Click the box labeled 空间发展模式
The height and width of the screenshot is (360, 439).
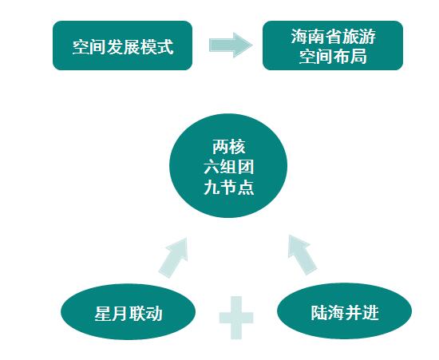pos(123,45)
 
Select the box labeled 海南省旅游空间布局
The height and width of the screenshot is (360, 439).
pos(333,45)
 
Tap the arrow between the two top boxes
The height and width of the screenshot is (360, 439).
pos(231,45)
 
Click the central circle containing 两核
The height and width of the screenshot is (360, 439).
pos(228,166)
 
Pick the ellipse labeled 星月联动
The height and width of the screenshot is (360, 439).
pos(128,312)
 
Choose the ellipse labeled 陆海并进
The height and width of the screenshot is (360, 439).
pos(344,311)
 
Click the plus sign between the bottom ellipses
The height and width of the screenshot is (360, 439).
pos(236,318)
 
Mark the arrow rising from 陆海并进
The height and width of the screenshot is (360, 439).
pos(302,255)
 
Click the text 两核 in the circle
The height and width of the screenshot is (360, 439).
pos(229,147)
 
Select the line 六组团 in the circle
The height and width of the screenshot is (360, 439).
pos(229,167)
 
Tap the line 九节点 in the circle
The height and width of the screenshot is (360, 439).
pos(229,188)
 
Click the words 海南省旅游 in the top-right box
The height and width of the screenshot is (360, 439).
pos(333,37)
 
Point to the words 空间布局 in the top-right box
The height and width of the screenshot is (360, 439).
pos(333,57)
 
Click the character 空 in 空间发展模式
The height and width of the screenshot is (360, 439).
pos(81,47)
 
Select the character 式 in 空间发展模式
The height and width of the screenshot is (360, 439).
pos(165,47)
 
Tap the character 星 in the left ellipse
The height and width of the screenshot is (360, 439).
pos(103,313)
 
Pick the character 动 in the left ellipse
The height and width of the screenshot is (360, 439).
pos(154,313)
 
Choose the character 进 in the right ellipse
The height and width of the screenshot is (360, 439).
pos(370,312)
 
